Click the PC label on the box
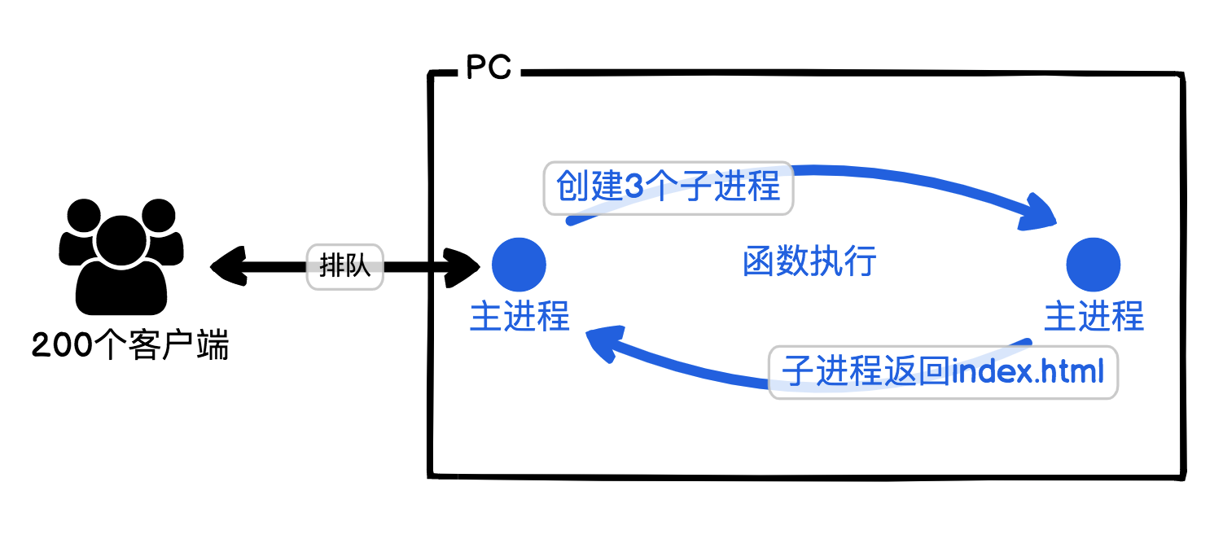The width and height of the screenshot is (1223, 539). click(x=489, y=68)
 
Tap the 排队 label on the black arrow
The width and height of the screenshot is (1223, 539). click(x=344, y=266)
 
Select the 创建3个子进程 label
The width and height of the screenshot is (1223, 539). click(x=668, y=188)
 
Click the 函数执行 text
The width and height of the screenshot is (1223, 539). click(x=809, y=263)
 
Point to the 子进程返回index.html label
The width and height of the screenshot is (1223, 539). click(x=943, y=372)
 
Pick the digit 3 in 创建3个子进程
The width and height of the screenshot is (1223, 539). click(x=633, y=188)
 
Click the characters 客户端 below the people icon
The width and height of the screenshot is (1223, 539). click(x=178, y=347)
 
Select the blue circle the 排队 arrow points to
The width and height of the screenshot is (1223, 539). click(x=519, y=265)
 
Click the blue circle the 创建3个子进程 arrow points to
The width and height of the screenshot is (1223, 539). click(x=1094, y=265)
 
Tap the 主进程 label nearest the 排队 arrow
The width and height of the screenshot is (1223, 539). click(x=519, y=317)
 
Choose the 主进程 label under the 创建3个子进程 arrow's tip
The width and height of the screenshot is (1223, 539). click(x=1094, y=317)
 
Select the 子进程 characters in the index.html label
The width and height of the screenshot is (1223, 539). click(x=823, y=372)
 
